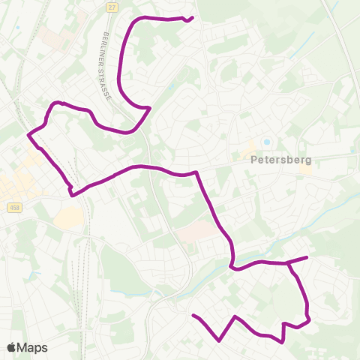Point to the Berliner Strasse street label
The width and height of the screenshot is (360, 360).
(x=106, y=67)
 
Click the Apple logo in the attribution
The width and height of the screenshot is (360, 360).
(x=12, y=347)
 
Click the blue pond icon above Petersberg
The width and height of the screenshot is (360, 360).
(x=266, y=142)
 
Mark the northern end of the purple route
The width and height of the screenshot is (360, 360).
(x=193, y=17)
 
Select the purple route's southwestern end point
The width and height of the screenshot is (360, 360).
(x=193, y=316)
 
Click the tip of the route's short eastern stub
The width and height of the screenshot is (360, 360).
(x=307, y=257)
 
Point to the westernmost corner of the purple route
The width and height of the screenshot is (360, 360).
(x=28, y=135)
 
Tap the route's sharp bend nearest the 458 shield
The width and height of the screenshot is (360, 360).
(x=72, y=194)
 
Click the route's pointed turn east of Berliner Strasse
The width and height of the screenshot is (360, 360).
(x=151, y=107)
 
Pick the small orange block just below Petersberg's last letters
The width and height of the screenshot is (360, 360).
(x=306, y=170)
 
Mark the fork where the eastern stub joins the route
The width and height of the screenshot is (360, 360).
(x=288, y=263)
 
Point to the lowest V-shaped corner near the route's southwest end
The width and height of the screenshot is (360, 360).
(x=219, y=340)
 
